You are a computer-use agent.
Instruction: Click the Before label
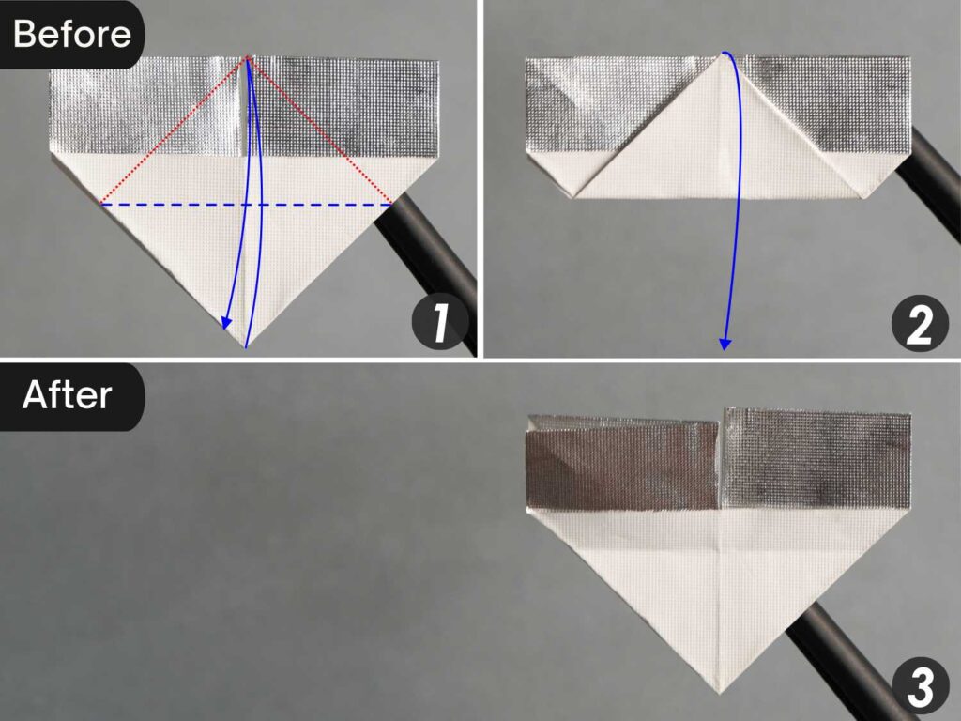(71, 35)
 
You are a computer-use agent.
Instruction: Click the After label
(68, 394)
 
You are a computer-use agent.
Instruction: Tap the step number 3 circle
(920, 687)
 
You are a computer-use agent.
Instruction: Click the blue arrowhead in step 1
(226, 324)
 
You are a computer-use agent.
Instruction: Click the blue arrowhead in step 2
(725, 343)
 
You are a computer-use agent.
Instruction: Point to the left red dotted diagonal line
(175, 130)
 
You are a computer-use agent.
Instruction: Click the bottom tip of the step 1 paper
(246, 347)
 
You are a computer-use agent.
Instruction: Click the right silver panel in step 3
(816, 460)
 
